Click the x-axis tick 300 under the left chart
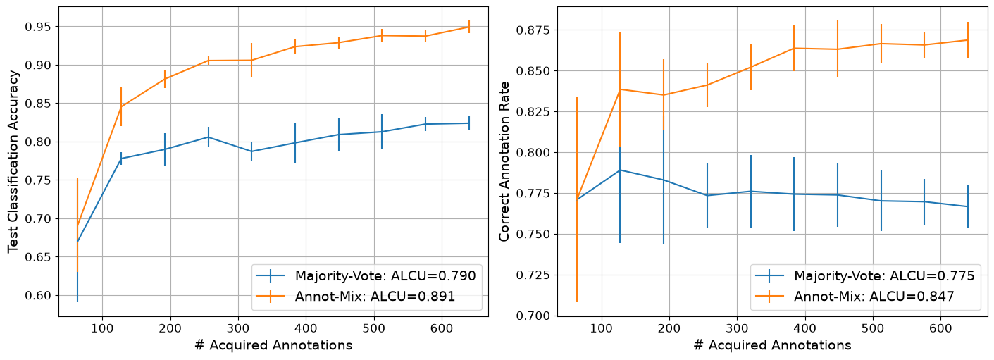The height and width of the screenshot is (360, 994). click(x=238, y=328)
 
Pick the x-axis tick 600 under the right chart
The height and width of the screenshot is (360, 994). click(x=940, y=328)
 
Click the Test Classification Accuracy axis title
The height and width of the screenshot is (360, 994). click(x=13, y=161)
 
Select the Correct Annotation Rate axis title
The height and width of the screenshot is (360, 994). click(x=504, y=161)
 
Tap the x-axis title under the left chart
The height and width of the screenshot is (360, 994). click(x=273, y=345)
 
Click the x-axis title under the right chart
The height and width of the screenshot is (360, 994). click(x=772, y=345)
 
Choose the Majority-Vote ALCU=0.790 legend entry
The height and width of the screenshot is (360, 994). click(x=366, y=275)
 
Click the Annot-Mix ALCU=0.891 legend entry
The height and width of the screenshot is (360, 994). click(x=356, y=296)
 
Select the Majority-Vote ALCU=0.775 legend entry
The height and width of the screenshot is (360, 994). click(x=864, y=275)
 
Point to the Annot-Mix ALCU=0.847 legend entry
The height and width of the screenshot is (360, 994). click(x=855, y=296)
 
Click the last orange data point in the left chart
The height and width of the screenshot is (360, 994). click(x=469, y=27)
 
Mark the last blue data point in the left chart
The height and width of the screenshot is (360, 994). click(x=469, y=123)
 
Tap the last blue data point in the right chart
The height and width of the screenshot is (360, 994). click(x=968, y=206)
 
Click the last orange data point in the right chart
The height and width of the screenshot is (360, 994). click(x=968, y=40)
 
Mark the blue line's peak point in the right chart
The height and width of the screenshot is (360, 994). click(x=620, y=170)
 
